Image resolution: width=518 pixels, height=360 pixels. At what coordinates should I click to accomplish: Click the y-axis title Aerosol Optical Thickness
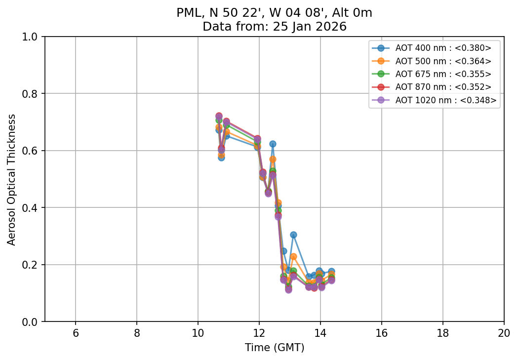coord(12,179)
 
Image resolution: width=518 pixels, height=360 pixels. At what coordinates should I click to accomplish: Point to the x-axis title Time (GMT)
coord(275,348)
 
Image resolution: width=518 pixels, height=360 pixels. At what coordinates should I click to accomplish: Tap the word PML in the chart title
coord(187,13)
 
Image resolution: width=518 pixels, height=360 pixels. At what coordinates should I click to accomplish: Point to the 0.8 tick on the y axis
coord(33,94)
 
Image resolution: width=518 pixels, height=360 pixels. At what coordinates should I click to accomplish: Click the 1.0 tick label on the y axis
coord(33,37)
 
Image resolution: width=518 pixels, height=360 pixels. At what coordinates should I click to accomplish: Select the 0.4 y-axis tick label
coord(33,208)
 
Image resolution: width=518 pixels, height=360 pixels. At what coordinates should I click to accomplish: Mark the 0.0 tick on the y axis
coord(33,322)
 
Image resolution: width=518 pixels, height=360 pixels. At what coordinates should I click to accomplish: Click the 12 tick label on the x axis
coord(259,332)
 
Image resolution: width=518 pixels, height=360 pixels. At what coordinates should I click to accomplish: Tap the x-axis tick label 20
coord(504,332)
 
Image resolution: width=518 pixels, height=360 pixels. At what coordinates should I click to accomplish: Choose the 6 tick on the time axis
coord(76,332)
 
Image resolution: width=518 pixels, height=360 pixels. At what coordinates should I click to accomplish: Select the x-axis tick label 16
coord(382,332)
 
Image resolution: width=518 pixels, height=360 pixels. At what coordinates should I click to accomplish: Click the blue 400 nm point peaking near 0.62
coord(273,144)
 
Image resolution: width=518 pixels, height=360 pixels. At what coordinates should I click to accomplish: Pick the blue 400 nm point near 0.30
coord(293,235)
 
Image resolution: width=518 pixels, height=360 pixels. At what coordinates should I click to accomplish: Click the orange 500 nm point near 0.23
coord(293,256)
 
